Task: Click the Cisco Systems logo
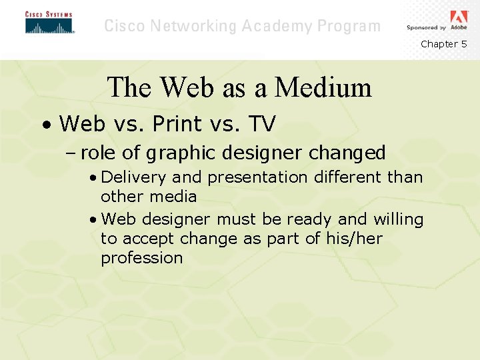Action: [49, 23]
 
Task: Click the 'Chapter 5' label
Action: [443, 44]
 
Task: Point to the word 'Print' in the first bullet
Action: [176, 123]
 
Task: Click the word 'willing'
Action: [398, 219]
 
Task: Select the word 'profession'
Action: [141, 258]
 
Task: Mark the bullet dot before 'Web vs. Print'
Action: [43, 125]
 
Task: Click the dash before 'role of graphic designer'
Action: [71, 154]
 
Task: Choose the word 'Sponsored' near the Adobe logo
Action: [423, 28]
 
